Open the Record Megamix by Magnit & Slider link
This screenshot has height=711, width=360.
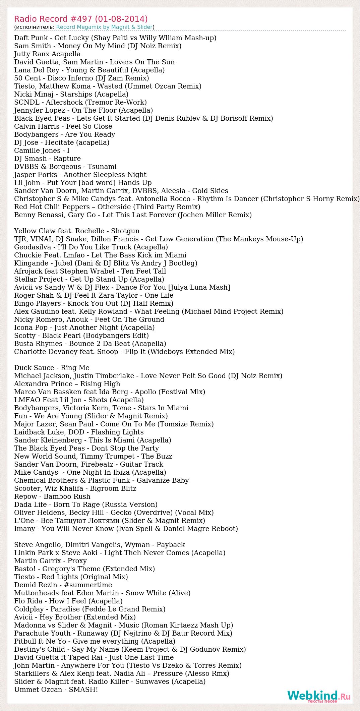(104, 27)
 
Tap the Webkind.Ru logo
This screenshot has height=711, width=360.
(318, 696)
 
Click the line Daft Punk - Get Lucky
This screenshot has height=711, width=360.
(115, 38)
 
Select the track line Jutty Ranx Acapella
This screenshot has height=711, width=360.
(47, 54)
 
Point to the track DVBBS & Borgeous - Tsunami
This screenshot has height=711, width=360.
(65, 167)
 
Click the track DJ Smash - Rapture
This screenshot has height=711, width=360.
(47, 159)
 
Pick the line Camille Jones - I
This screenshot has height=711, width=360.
(42, 151)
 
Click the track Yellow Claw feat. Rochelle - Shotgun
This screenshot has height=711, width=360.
(77, 231)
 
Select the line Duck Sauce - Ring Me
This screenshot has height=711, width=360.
(52, 368)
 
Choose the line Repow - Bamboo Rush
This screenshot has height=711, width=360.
(52, 496)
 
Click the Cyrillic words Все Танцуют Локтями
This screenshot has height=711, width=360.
(80, 521)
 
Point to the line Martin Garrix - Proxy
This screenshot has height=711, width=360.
(50, 561)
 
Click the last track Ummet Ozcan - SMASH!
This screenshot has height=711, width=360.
(56, 690)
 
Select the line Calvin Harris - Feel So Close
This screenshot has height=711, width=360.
(63, 126)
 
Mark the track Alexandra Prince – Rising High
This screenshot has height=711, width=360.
(67, 384)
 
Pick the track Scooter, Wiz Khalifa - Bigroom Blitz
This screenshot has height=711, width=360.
(75, 488)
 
